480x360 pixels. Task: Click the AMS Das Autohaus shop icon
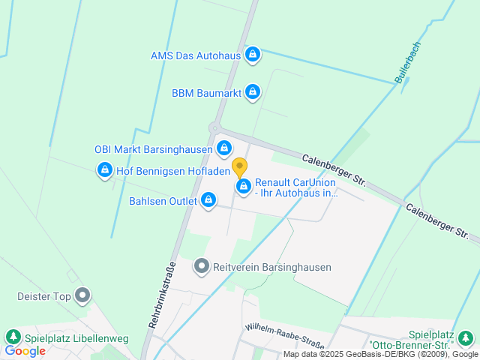pos(253,55)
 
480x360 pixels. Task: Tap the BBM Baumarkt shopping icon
pos(252,92)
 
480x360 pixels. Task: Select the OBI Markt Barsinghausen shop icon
pos(223,148)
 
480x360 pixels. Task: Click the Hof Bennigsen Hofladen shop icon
pos(105,171)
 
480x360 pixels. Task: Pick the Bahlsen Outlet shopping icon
pos(208,200)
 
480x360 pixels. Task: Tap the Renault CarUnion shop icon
pos(243,186)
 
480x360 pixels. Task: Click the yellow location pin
pos(239,167)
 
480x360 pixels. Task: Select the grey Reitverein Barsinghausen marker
pos(201,266)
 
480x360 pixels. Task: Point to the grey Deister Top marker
pos(82,296)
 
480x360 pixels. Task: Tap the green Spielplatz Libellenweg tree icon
pos(12,337)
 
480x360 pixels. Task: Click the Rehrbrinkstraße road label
pos(162,295)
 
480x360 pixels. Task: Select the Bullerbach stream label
pos(408,62)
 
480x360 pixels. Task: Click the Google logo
pos(25,350)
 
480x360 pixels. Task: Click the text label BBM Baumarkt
pos(205,93)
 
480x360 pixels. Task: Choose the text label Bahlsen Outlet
pos(163,201)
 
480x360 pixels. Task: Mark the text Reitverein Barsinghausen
pos(272,267)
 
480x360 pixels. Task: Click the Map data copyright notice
pos(380,354)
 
